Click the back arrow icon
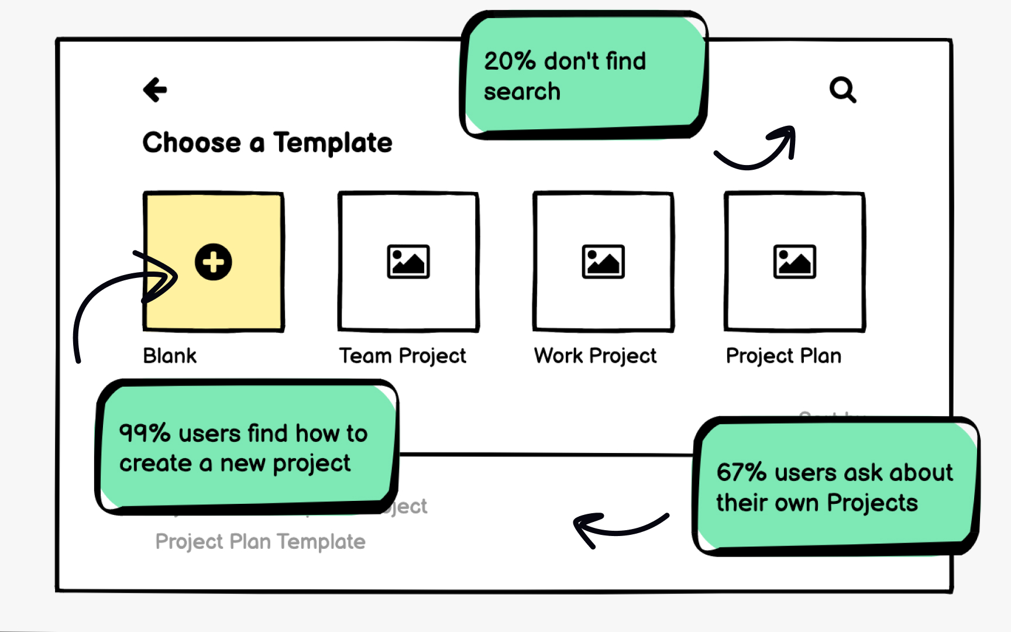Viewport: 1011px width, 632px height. click(x=155, y=90)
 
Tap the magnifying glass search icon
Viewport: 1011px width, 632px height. click(x=842, y=90)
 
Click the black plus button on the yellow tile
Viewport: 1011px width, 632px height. click(x=214, y=262)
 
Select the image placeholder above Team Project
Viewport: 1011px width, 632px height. click(x=408, y=262)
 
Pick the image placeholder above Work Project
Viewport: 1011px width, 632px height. click(x=603, y=262)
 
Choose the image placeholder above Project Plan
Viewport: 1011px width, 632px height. click(x=795, y=262)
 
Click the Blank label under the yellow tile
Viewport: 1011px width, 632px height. click(x=170, y=356)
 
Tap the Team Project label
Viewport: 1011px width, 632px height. click(x=403, y=356)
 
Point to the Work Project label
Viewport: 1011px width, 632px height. click(x=595, y=356)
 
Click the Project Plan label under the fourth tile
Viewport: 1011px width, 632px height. click(x=783, y=356)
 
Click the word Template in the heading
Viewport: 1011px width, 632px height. click(x=332, y=143)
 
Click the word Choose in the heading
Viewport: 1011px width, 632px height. click(x=192, y=143)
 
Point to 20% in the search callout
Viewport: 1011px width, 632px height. click(x=510, y=61)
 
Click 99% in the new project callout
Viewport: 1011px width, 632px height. click(x=145, y=434)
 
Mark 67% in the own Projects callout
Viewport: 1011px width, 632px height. click(x=741, y=472)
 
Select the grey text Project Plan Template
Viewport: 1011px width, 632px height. click(x=260, y=542)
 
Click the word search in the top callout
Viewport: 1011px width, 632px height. click(x=522, y=92)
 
